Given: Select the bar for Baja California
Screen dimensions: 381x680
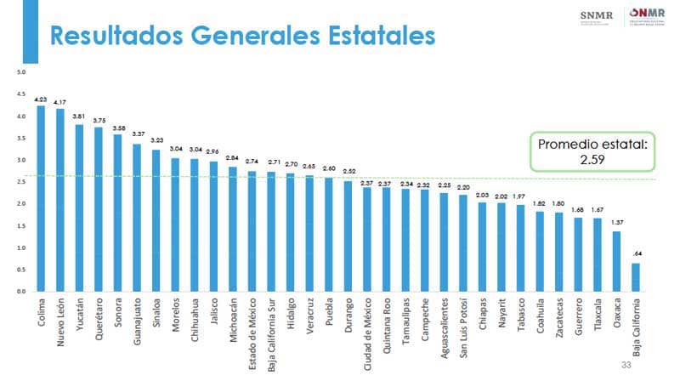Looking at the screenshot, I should point(636,276).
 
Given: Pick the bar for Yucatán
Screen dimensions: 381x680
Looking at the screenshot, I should point(79,208).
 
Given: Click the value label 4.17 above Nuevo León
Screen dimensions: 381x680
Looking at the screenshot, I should point(59,103).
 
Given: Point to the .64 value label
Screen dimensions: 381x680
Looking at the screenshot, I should point(637,254).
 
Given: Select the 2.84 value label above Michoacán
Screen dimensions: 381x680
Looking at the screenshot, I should point(232,158).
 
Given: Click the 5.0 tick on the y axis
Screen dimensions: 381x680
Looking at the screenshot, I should point(9,72).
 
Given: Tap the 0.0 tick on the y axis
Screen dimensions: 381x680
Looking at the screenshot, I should point(9,291).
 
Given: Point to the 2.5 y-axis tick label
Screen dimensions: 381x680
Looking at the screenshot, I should point(9,182).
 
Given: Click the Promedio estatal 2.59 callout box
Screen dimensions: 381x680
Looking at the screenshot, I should point(593,151).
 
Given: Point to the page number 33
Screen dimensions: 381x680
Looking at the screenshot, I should point(627,365).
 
